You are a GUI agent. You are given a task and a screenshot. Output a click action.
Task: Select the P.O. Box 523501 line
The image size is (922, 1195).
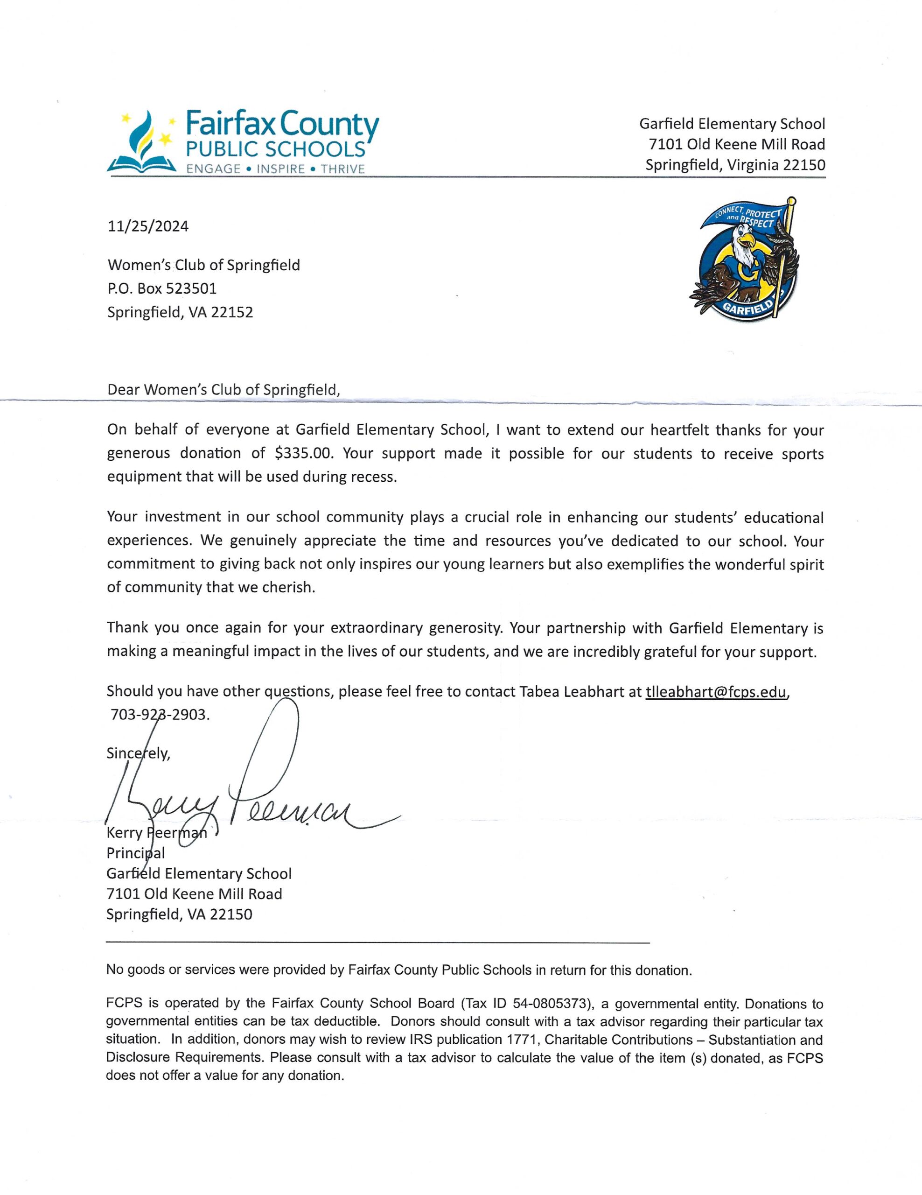click(162, 288)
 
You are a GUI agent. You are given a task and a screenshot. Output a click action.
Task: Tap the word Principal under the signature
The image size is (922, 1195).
click(136, 852)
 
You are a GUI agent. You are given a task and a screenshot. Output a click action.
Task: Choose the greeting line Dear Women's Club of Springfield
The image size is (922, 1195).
click(223, 390)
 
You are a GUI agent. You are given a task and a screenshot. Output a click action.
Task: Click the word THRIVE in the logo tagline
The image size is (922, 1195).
click(343, 169)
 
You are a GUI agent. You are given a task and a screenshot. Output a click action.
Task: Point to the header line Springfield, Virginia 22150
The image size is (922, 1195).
click(735, 165)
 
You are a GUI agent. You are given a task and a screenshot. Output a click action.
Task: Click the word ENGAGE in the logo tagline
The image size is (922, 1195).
click(213, 169)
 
